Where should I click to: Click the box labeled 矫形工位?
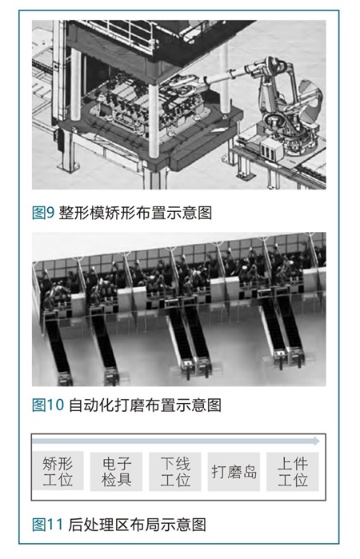pyautogui.click(x=58, y=471)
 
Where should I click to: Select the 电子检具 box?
pyautogui.click(x=116, y=472)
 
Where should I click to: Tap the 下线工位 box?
pyautogui.click(x=175, y=472)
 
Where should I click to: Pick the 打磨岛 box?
pyautogui.click(x=234, y=472)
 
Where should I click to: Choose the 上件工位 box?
pyautogui.click(x=293, y=472)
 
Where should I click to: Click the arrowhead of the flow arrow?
pyautogui.click(x=316, y=441)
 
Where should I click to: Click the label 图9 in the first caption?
pyautogui.click(x=43, y=213)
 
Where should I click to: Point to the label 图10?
pyautogui.click(x=48, y=405)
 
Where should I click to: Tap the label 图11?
pyautogui.click(x=47, y=525)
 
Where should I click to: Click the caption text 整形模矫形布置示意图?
pyautogui.click(x=135, y=213)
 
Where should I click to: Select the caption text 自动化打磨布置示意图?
pyautogui.click(x=145, y=405)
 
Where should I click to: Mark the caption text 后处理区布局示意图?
pyautogui.click(x=137, y=525)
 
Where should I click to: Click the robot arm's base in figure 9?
pyautogui.click(x=298, y=142)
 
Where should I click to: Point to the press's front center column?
pyautogui.click(x=154, y=122)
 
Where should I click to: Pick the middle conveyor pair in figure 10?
pyautogui.click(x=189, y=339)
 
